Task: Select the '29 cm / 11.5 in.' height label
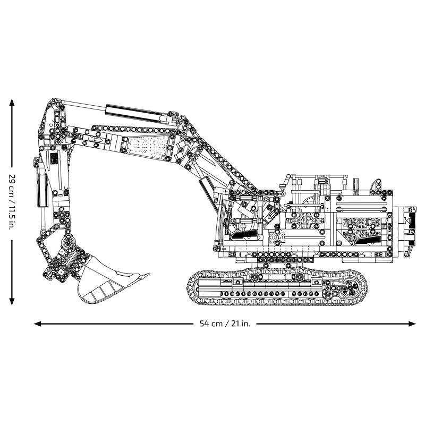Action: pos(12,201)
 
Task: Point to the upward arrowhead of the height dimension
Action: pos(12,101)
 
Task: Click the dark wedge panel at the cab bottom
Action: pos(244,234)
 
